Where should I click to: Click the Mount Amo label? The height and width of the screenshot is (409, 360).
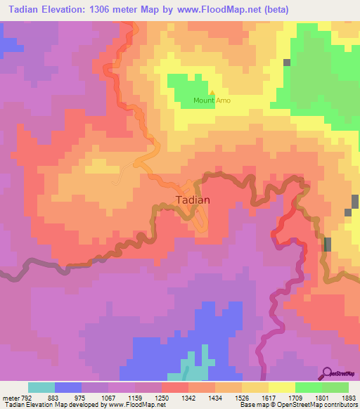(x=212, y=100)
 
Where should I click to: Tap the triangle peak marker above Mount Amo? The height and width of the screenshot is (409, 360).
(x=212, y=92)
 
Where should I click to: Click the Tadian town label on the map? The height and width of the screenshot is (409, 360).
(x=192, y=199)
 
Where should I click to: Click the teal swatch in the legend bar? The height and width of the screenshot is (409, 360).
(x=41, y=387)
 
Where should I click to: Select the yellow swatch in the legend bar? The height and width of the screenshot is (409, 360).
(x=281, y=387)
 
